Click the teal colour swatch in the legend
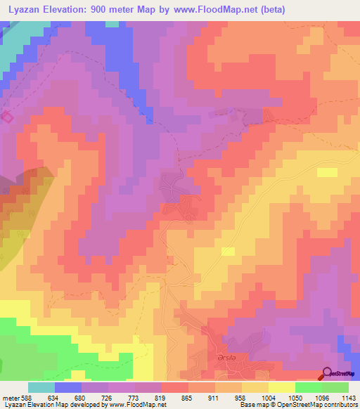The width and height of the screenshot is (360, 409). tap(41, 387)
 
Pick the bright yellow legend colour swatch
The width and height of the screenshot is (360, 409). tap(281, 387)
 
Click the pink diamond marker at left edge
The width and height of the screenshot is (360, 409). tap(6, 117)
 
